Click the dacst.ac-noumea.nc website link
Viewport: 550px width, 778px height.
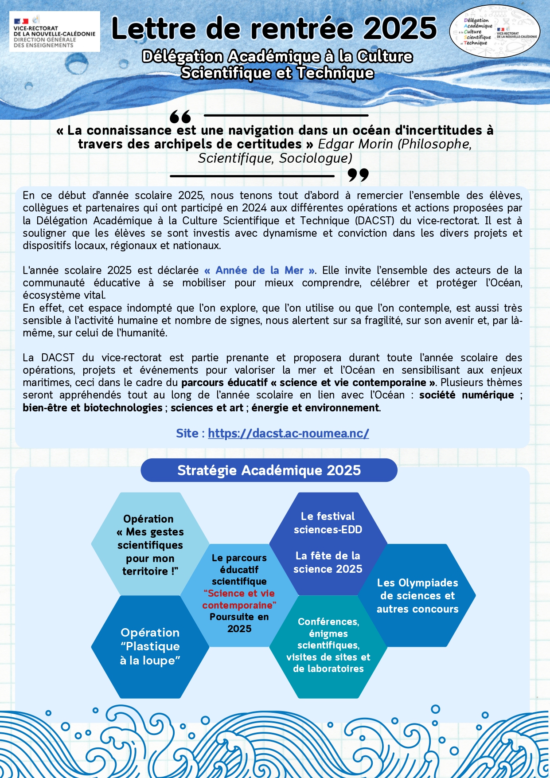pyautogui.click(x=288, y=433)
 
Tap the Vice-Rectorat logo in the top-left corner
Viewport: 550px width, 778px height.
pyautogui.click(x=55, y=32)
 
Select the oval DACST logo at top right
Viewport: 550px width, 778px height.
pyautogui.click(x=495, y=32)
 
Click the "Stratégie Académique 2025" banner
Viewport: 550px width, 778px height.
pyautogui.click(x=269, y=470)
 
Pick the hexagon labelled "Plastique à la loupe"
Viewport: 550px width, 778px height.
pyautogui.click(x=150, y=647)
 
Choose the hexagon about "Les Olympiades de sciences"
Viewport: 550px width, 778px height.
pyautogui.click(x=417, y=595)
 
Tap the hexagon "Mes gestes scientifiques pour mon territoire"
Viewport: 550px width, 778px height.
pyautogui.click(x=150, y=544)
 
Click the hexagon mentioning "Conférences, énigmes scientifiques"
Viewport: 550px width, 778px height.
pyautogui.click(x=328, y=645)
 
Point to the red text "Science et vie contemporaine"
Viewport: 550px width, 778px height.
pyautogui.click(x=239, y=599)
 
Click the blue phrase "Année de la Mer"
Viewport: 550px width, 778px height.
pyautogui.click(x=260, y=270)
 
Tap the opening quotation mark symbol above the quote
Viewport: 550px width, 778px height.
pyautogui.click(x=180, y=117)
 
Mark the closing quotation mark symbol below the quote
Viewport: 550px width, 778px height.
pyautogui.click(x=358, y=175)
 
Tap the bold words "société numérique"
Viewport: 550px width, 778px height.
pyautogui.click(x=466, y=395)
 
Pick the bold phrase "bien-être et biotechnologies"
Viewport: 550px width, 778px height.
pyautogui.click(x=93, y=408)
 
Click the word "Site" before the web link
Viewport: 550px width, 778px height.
pyautogui.click(x=187, y=433)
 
